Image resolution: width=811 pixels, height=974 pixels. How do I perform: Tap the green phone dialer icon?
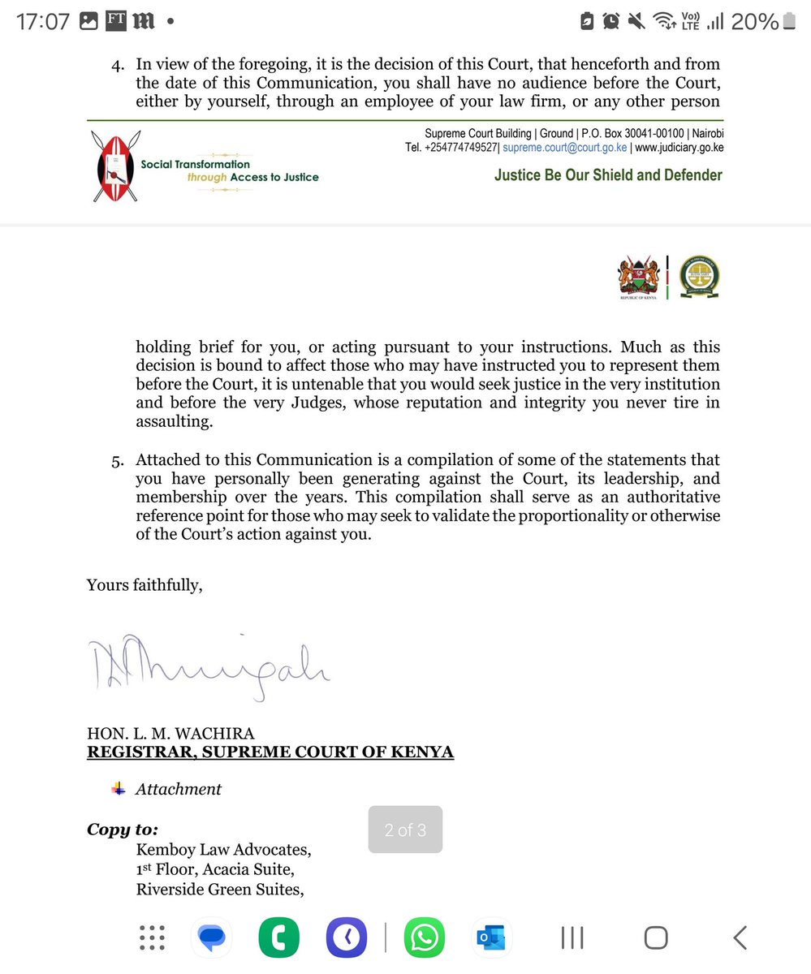[x=279, y=938]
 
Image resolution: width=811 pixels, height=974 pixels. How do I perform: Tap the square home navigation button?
[x=656, y=938]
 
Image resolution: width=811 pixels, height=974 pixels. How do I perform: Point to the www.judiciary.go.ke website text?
[x=679, y=148]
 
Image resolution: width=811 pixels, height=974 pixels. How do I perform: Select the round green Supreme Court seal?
[x=697, y=278]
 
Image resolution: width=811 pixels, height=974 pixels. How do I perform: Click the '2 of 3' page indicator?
[x=405, y=830]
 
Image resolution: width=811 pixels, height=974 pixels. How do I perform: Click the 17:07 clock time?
[x=43, y=22]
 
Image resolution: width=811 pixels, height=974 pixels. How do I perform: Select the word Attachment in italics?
[x=178, y=789]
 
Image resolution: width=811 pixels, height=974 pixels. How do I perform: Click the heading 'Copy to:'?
[x=122, y=830]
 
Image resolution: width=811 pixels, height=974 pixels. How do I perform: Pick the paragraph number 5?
[x=117, y=461]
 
